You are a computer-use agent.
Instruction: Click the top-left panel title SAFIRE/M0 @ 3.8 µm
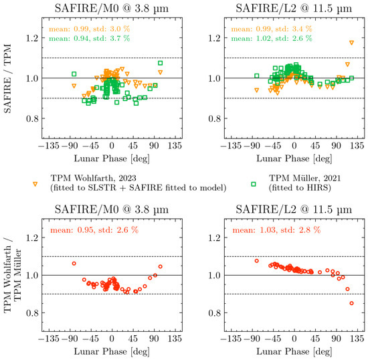pyautogui.click(x=112, y=9)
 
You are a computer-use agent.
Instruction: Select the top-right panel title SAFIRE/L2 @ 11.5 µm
pyautogui.click(x=294, y=9)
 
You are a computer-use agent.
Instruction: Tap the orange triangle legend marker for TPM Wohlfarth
pyautogui.click(x=35, y=184)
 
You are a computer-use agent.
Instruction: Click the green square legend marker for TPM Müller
pyautogui.click(x=254, y=184)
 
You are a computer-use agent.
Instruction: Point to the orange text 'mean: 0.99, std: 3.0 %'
pyautogui.click(x=89, y=29)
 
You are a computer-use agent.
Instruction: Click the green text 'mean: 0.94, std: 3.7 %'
pyautogui.click(x=89, y=38)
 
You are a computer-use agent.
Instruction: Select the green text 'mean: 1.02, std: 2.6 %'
pyautogui.click(x=272, y=38)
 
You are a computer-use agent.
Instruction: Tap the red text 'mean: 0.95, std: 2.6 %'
pyautogui.click(x=94, y=230)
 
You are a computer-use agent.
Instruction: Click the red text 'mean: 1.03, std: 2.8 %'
pyautogui.click(x=276, y=230)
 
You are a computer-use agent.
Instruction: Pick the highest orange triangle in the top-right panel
pyautogui.click(x=351, y=43)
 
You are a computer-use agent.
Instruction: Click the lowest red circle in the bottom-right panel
pyautogui.click(x=351, y=303)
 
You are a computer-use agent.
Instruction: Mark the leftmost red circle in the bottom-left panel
pyautogui.click(x=74, y=264)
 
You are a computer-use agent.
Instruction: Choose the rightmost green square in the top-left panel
pyautogui.click(x=161, y=63)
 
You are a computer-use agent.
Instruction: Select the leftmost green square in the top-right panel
pyautogui.click(x=257, y=76)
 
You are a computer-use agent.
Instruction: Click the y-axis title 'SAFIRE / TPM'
pyautogui.click(x=8, y=78)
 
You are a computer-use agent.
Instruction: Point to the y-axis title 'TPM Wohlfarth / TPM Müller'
pyautogui.click(x=13, y=275)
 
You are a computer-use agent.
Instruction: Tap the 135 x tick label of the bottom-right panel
pyautogui.click(x=357, y=339)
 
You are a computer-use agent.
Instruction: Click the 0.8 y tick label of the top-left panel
pyautogui.click(x=32, y=118)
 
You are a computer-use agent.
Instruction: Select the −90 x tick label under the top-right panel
pyautogui.click(x=252, y=146)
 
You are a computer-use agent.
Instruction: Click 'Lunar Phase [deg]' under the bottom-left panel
pyautogui.click(x=112, y=351)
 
